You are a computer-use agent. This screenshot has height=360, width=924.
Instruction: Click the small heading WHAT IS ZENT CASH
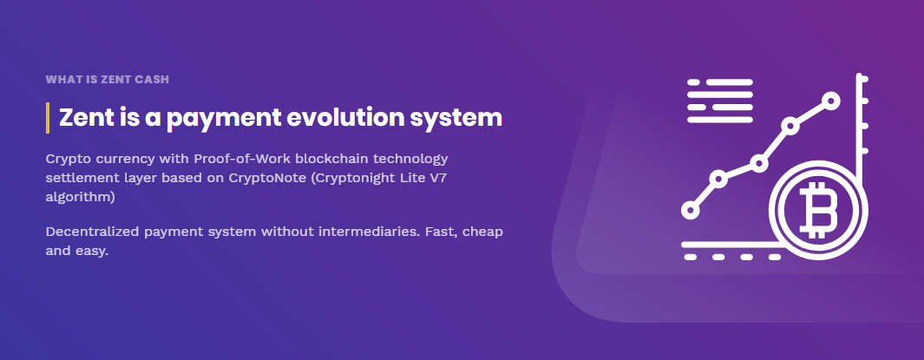(108, 80)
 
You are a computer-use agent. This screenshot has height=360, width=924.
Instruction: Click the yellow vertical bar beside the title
(48, 118)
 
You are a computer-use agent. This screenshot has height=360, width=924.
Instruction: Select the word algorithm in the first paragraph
(80, 198)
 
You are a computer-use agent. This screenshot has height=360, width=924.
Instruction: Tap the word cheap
(482, 232)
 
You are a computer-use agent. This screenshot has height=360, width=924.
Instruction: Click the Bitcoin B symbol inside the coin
(818, 209)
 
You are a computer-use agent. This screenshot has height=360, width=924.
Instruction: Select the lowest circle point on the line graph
(690, 210)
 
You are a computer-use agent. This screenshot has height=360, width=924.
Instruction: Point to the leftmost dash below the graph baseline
(690, 257)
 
